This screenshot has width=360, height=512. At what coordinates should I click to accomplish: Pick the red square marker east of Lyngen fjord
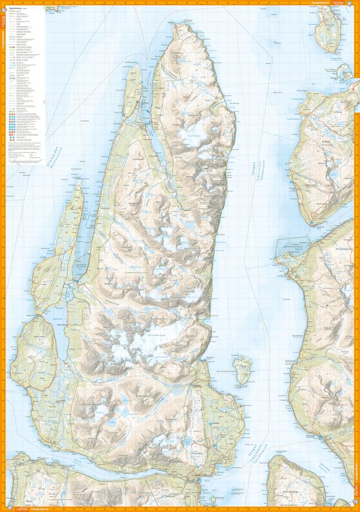click(x=327, y=305)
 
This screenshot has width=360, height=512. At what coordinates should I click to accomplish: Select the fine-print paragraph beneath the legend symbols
click(x=26, y=150)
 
